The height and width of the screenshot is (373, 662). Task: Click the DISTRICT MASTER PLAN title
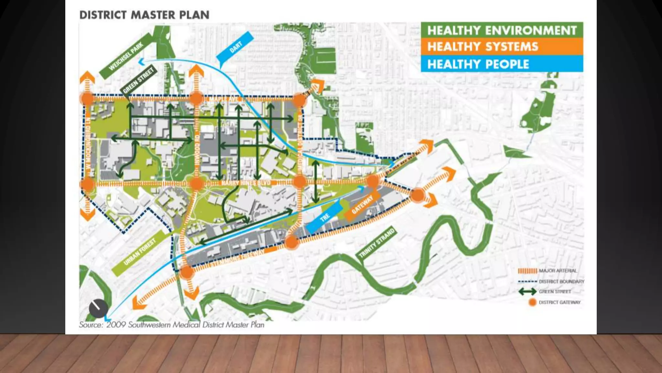coord(144,15)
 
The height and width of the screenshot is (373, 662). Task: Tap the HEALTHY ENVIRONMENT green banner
coord(502,30)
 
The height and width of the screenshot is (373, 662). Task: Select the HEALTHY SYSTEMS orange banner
coord(502,47)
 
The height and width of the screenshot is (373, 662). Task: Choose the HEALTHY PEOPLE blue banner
coord(502,64)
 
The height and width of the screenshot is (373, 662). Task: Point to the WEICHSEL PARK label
coord(126,56)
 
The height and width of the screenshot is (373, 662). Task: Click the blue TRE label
coord(325,217)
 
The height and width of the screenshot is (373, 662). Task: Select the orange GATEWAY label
coord(362,205)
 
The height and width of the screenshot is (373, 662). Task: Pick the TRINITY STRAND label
coord(377,243)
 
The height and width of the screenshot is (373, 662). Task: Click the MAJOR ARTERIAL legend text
coord(558,271)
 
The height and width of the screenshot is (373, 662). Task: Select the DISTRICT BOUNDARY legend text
coord(561,281)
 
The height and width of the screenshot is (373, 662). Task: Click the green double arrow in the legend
coord(527,292)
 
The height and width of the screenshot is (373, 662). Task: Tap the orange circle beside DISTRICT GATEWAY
coord(532,302)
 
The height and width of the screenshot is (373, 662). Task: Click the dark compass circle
coord(98,308)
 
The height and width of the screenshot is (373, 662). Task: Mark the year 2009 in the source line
coord(116,325)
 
